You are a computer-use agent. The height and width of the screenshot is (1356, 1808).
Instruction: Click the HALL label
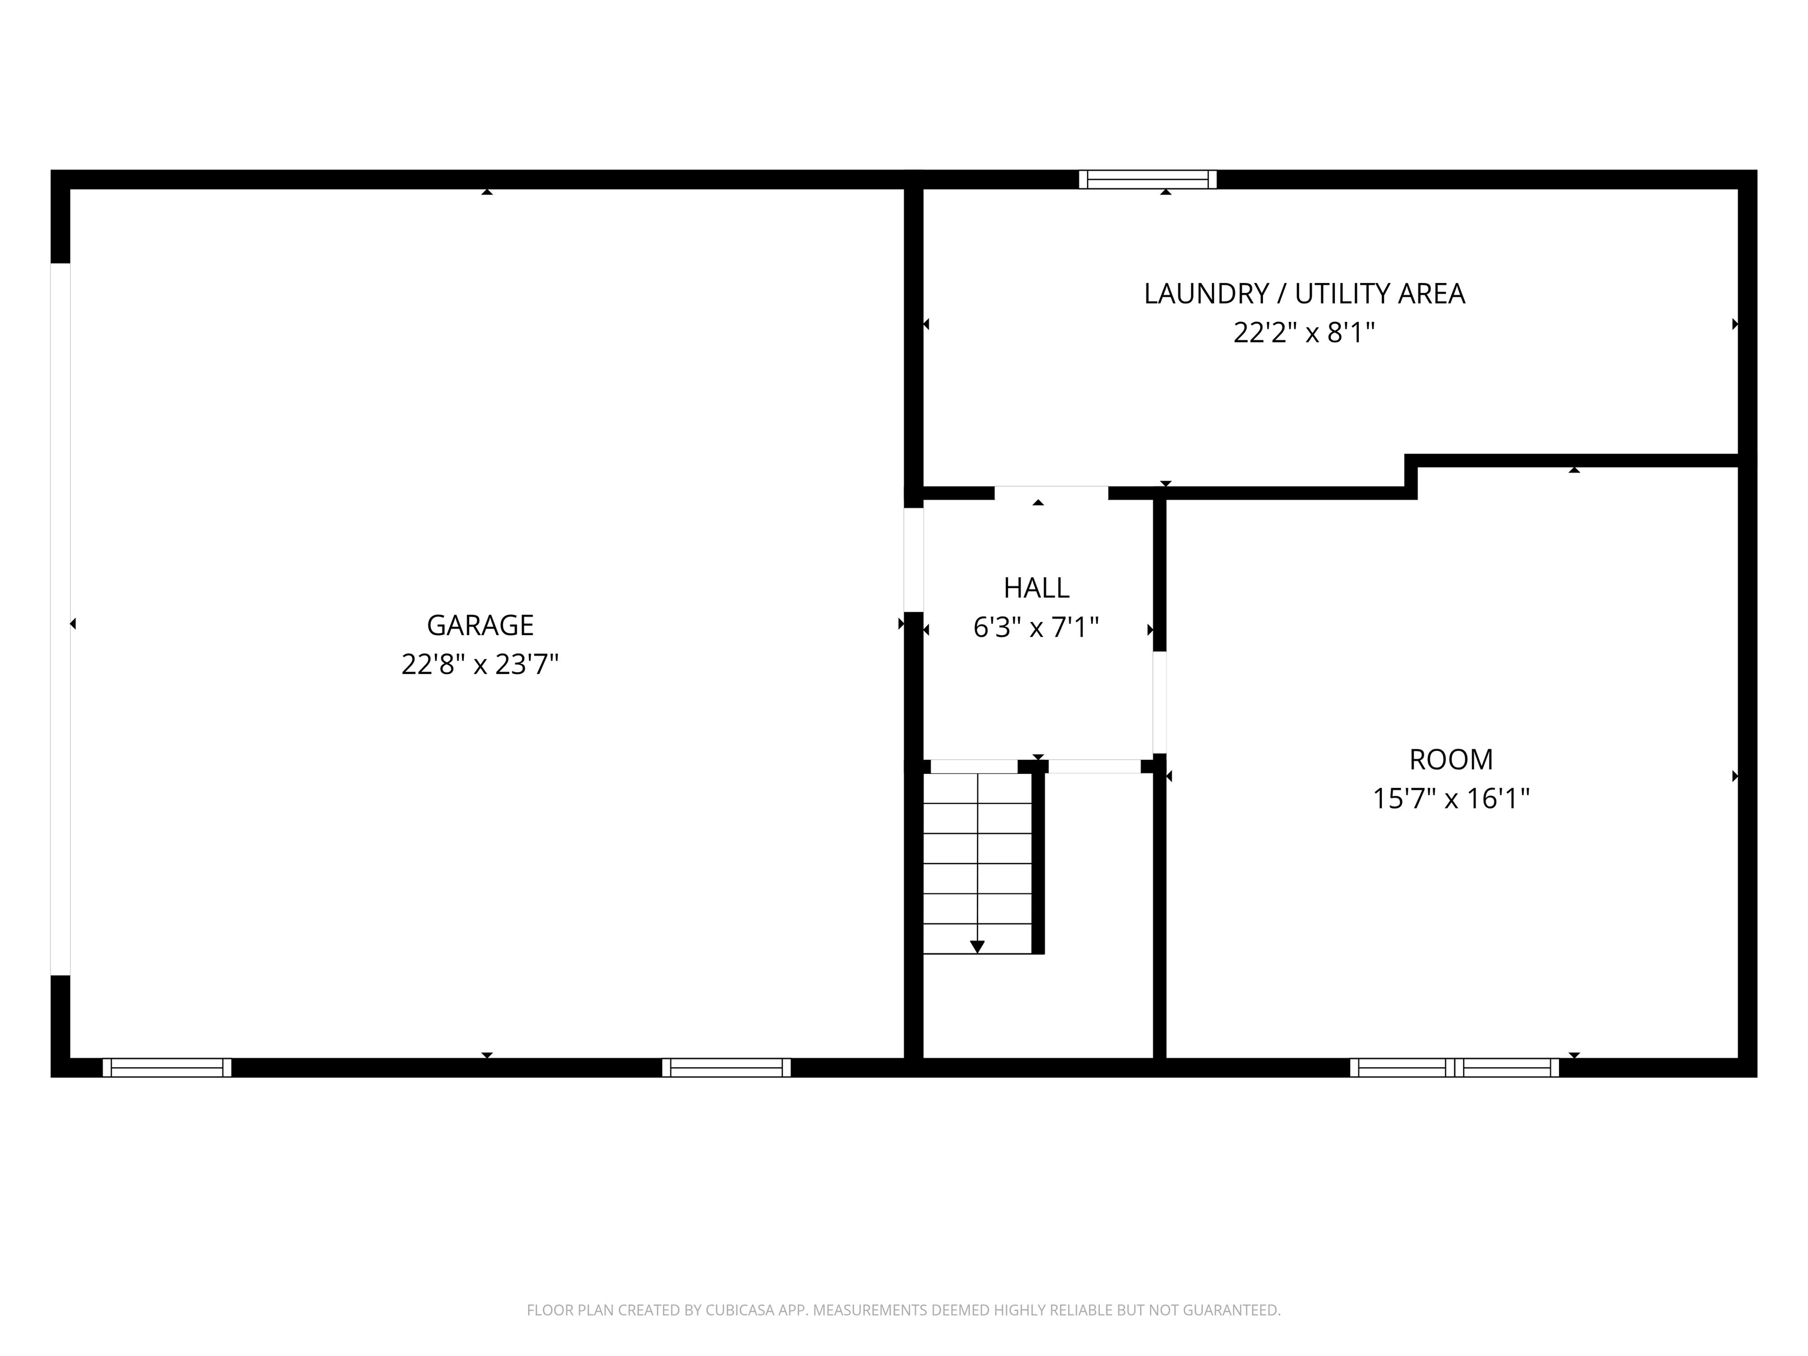(1036, 588)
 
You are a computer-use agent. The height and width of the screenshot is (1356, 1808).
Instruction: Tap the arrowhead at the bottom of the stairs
(977, 946)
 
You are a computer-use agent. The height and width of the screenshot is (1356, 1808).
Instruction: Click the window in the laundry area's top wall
(1148, 179)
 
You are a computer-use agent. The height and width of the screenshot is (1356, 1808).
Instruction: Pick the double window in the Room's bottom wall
(1454, 1068)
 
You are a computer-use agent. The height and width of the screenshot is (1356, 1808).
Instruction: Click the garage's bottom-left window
(167, 1068)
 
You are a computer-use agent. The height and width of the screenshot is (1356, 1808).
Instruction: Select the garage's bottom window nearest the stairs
(726, 1068)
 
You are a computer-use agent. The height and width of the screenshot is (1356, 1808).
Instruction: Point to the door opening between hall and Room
(1159, 702)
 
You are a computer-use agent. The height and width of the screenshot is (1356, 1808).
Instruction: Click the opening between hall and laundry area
(1051, 493)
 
